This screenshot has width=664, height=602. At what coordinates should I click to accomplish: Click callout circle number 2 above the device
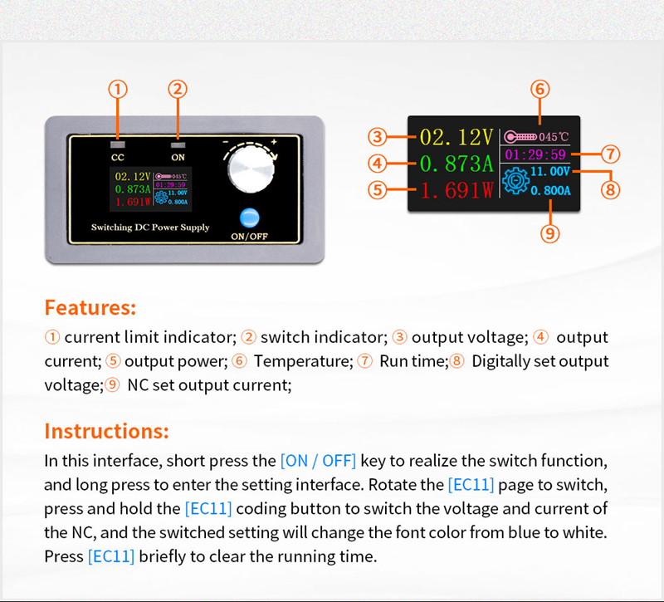[178, 89]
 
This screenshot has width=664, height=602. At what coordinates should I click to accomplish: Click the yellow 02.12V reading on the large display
[456, 137]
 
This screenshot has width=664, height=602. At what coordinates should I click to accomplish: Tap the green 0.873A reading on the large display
[456, 163]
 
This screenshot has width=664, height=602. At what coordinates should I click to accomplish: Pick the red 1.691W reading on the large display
[456, 190]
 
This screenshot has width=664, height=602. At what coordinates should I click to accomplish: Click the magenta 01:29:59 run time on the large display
[535, 154]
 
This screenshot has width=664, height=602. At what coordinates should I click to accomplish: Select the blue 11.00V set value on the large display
[550, 171]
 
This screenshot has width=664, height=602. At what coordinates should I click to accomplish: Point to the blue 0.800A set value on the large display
[550, 190]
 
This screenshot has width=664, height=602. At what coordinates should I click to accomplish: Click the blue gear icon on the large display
[515, 183]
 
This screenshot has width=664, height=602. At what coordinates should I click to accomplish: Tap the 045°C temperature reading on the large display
[554, 136]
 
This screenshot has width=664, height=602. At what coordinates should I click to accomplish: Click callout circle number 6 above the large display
[539, 89]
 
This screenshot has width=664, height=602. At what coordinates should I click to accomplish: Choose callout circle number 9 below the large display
[549, 233]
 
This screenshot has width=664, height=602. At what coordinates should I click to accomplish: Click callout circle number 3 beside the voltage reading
[378, 137]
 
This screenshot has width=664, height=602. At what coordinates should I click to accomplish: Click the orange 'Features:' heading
[90, 307]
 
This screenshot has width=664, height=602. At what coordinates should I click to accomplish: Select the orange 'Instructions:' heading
[106, 431]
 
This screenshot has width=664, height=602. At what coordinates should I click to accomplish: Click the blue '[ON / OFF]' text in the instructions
[318, 460]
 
